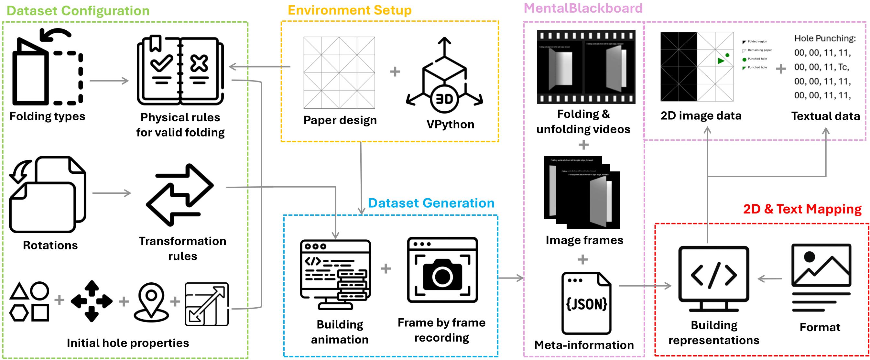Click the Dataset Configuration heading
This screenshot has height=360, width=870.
click(x=78, y=11)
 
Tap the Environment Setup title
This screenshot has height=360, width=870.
click(x=350, y=10)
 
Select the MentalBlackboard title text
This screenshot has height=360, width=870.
click(x=583, y=8)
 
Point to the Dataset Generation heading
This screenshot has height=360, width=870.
click(x=431, y=203)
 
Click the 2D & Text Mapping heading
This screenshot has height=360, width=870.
click(x=802, y=209)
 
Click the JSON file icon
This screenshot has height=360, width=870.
click(x=586, y=303)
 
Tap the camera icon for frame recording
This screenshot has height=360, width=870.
click(x=442, y=270)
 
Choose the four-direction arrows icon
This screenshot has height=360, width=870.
click(x=92, y=301)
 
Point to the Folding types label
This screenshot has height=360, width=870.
click(x=47, y=116)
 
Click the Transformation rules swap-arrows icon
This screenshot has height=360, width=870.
click(x=180, y=195)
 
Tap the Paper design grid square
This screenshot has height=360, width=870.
click(x=339, y=72)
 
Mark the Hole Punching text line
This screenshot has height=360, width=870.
click(x=825, y=38)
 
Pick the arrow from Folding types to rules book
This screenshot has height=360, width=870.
click(x=109, y=81)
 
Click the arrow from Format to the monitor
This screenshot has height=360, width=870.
click(x=770, y=278)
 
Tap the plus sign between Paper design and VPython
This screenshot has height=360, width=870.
click(x=395, y=71)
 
